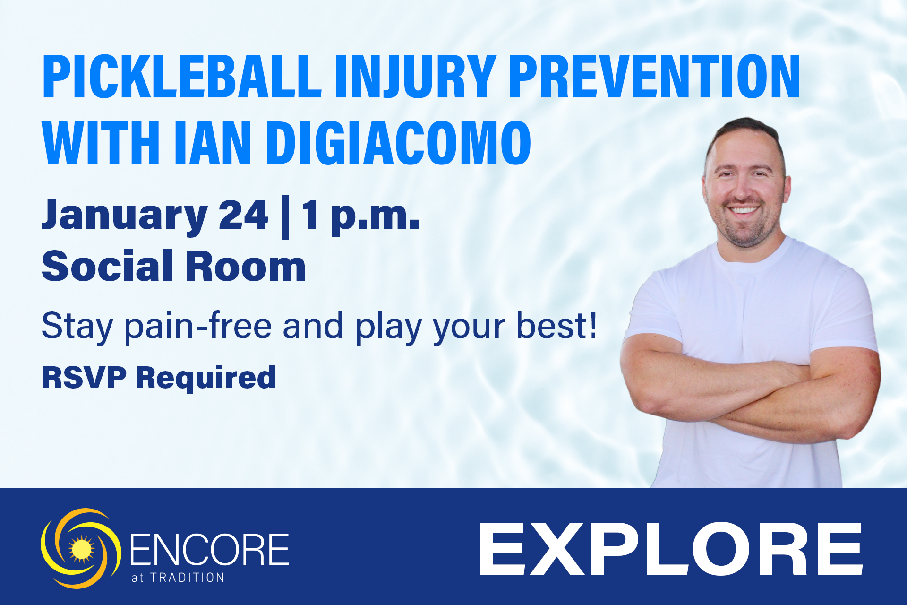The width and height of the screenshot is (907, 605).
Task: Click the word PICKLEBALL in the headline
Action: click(x=182, y=77)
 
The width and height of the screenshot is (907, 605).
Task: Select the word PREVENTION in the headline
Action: click(x=654, y=77)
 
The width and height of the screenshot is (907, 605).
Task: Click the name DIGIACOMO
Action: click(x=399, y=143)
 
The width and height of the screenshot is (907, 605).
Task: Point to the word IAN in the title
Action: click(x=213, y=143)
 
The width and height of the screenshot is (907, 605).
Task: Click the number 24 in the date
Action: click(x=243, y=215)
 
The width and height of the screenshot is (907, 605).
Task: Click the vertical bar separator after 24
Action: click(x=285, y=217)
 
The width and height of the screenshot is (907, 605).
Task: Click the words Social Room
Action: click(x=173, y=267)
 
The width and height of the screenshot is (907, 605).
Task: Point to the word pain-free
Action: click(x=198, y=326)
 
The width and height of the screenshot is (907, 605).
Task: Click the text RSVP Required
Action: click(x=159, y=377)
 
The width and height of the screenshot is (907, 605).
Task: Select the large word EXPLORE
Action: click(x=671, y=549)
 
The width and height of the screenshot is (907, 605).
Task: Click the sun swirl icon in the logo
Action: click(x=81, y=549)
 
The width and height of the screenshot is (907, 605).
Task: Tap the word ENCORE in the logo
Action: click(x=209, y=549)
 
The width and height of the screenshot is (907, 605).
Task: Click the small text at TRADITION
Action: click(x=178, y=578)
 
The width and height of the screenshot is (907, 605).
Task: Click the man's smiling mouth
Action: click(x=743, y=209)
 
